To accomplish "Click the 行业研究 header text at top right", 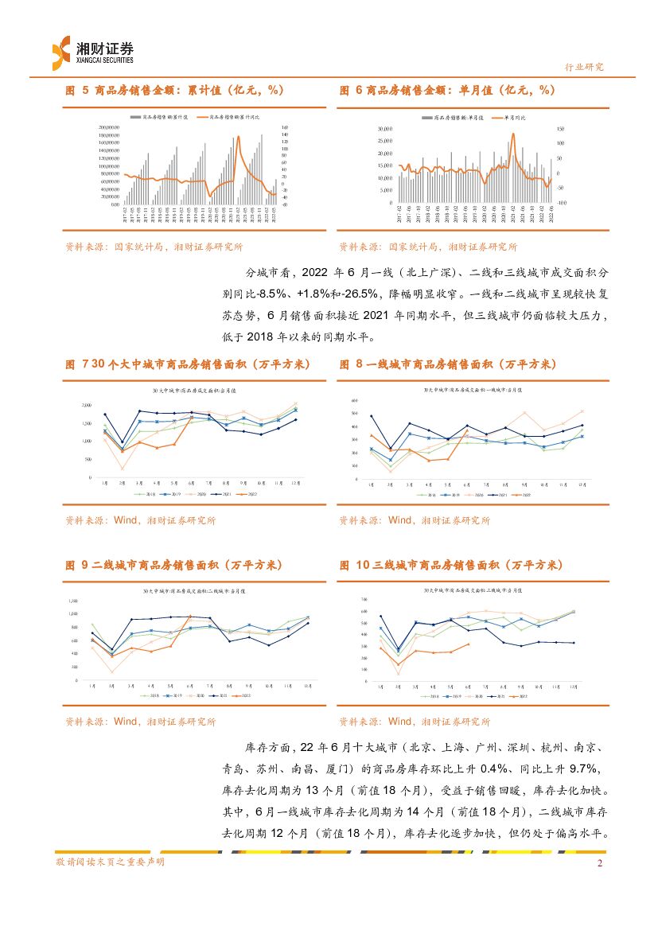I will point(583,68).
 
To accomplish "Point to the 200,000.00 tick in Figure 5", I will point(108,127).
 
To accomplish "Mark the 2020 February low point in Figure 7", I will point(122,468).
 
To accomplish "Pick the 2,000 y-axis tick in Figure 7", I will point(87,405).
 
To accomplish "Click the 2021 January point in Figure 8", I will point(372,415).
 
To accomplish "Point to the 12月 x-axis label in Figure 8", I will point(582,484).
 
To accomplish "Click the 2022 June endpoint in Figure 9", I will point(189,616).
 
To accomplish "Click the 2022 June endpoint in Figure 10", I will point(468,644).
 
